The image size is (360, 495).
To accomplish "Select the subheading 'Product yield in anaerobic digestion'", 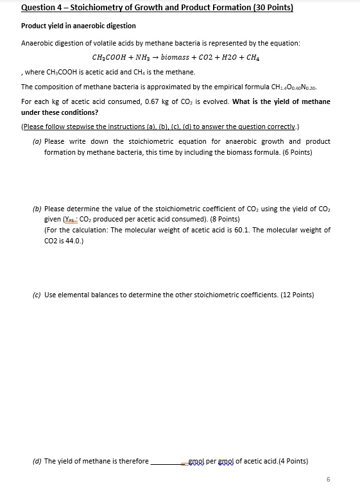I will point(78,26).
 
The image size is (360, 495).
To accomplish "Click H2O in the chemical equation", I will point(230,56).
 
